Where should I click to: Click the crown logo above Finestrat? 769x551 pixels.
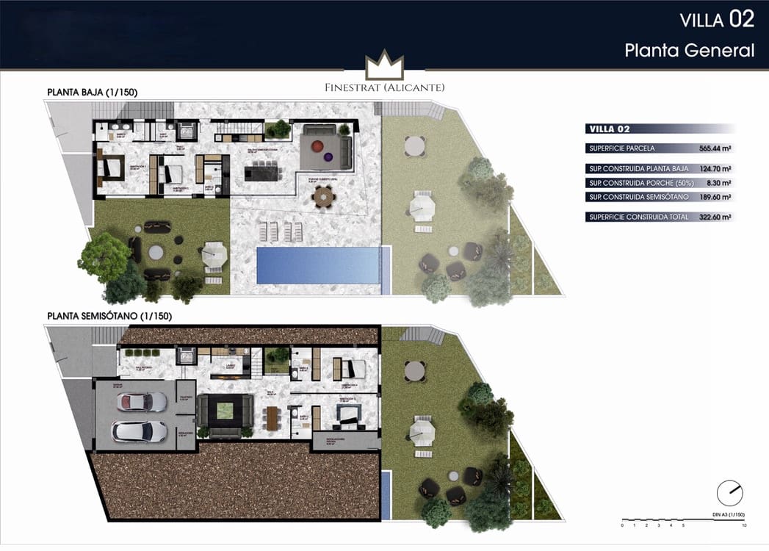[x=385, y=66]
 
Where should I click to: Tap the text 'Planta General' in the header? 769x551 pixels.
[x=689, y=51]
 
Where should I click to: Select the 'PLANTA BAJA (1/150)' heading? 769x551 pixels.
[x=93, y=92]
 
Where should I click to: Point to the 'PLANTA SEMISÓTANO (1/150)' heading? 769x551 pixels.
[x=109, y=317]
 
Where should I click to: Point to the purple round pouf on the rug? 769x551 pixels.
[x=328, y=156]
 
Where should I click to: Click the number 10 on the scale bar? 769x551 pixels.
[x=744, y=526]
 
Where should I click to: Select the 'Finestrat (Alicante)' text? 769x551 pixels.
[x=385, y=87]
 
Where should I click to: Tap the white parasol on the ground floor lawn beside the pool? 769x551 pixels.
[x=214, y=255]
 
